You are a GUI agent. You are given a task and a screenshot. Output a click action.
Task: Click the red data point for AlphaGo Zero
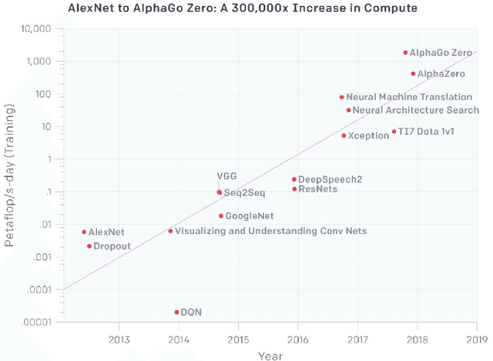405,53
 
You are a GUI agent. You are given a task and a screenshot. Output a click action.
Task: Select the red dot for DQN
176,313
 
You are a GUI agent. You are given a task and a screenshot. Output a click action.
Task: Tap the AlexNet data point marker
84,232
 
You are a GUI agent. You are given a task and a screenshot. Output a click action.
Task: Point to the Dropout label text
112,246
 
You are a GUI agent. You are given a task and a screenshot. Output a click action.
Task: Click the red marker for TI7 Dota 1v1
394,132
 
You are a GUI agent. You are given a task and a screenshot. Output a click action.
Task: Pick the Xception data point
344,135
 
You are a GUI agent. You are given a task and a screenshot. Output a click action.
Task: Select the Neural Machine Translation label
409,97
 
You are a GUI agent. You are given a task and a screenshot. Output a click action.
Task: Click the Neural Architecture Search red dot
348,110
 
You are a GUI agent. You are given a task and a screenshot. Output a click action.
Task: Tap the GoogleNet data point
220,216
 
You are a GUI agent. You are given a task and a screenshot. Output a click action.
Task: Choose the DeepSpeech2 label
330,179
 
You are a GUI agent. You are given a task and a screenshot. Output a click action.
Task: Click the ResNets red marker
293,189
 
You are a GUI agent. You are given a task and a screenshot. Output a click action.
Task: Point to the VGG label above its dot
226,176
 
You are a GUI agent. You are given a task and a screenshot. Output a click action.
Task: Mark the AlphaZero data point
413,74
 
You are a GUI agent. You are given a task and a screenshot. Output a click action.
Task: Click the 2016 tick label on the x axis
297,339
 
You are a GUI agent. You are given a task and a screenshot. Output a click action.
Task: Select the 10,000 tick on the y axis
36,29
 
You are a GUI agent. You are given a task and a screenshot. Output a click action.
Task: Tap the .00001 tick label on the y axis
36,322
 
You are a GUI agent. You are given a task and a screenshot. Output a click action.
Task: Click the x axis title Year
270,355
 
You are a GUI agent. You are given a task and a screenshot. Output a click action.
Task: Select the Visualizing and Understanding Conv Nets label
270,231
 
